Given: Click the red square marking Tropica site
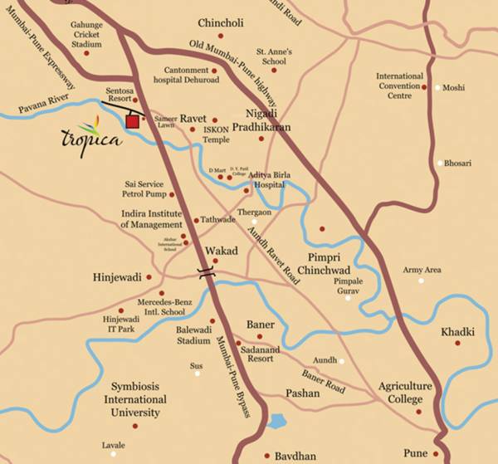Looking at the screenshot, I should tap(132, 122).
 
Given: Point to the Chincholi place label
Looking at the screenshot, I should tap(222, 22).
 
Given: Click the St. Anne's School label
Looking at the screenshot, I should tap(275, 56).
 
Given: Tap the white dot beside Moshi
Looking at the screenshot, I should tap(437, 87).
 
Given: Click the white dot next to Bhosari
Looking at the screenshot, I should tap(441, 164).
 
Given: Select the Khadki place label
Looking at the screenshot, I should tap(458, 331).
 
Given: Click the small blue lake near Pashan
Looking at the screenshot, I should tap(278, 421).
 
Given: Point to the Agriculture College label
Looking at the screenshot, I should tap(406, 393).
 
